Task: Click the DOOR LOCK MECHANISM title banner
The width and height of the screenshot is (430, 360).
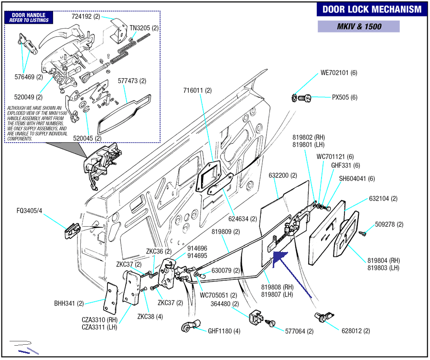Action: click(372, 10)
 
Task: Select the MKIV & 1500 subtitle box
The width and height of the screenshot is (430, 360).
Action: click(359, 27)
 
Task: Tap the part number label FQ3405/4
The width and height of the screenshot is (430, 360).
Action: click(29, 211)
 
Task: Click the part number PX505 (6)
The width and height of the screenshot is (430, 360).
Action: click(344, 97)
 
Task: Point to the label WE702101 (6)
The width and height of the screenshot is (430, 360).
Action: click(339, 73)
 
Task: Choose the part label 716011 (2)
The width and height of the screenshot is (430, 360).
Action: click(197, 90)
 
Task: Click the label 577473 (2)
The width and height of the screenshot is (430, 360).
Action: click(132, 81)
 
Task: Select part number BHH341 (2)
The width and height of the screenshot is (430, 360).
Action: click(69, 304)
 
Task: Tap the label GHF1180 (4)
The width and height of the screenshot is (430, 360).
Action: click(224, 331)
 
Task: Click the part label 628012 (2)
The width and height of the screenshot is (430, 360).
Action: click(355, 331)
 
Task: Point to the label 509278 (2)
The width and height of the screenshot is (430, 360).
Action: click(389, 224)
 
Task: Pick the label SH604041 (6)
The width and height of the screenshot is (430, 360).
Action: click(357, 179)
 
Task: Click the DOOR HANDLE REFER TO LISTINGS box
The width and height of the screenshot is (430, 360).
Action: click(29, 18)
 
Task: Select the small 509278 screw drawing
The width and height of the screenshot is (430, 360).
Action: click(363, 233)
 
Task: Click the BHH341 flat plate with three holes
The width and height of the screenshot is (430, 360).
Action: click(110, 298)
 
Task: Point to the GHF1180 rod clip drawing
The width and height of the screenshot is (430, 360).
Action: click(191, 326)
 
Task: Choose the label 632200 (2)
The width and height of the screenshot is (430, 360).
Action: click(283, 175)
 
